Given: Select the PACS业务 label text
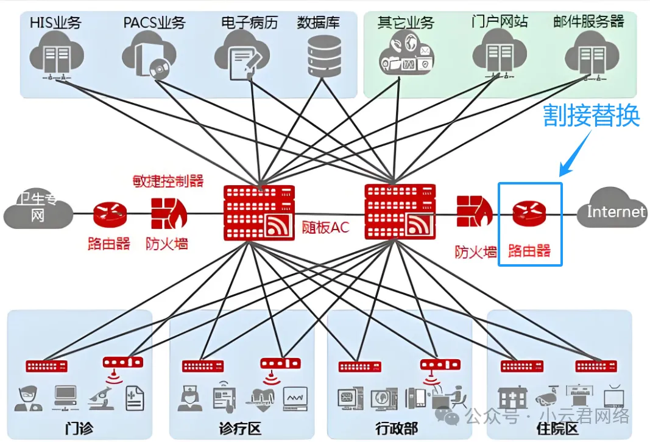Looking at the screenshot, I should click(x=154, y=23).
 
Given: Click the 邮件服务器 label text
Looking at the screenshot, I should click(x=588, y=22).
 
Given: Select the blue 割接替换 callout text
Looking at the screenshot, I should click(x=591, y=115).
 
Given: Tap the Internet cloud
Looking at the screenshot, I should click(x=613, y=211).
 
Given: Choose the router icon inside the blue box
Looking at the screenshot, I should click(x=529, y=213).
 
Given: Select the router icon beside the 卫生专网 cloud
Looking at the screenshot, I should click(x=110, y=214).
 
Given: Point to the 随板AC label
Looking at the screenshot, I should click(x=325, y=228).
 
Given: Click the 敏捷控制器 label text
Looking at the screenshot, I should click(x=168, y=181).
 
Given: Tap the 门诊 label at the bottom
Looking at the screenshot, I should click(x=80, y=427).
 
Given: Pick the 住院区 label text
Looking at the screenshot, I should click(x=557, y=428).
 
